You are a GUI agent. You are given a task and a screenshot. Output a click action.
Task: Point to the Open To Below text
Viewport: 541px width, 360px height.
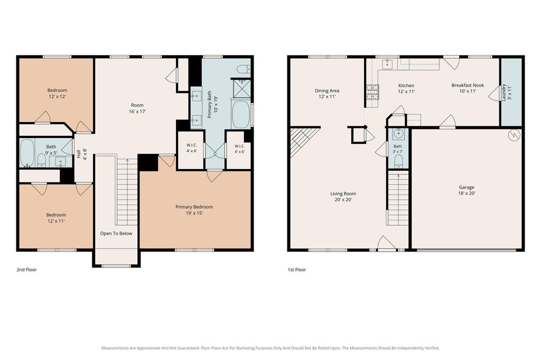(116, 234)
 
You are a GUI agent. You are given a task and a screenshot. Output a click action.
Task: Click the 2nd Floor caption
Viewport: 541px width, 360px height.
(26, 270)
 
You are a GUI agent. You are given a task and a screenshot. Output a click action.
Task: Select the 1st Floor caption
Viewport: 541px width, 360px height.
(297, 270)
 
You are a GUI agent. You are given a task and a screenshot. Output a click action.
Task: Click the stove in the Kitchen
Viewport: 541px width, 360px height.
(372, 92)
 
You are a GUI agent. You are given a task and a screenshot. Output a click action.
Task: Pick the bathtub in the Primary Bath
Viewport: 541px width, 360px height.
(241, 114)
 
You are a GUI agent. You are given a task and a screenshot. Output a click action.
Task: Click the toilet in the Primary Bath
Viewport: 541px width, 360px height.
(244, 69)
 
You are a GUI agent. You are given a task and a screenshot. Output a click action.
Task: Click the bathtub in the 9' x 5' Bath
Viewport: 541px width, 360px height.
(26, 153)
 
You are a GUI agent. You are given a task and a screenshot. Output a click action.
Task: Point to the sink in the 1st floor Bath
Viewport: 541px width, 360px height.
(398, 133)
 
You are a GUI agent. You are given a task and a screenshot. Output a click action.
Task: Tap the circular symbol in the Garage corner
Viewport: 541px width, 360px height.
(514, 135)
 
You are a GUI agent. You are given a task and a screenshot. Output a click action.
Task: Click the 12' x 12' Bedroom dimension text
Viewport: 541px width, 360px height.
(57, 97)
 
